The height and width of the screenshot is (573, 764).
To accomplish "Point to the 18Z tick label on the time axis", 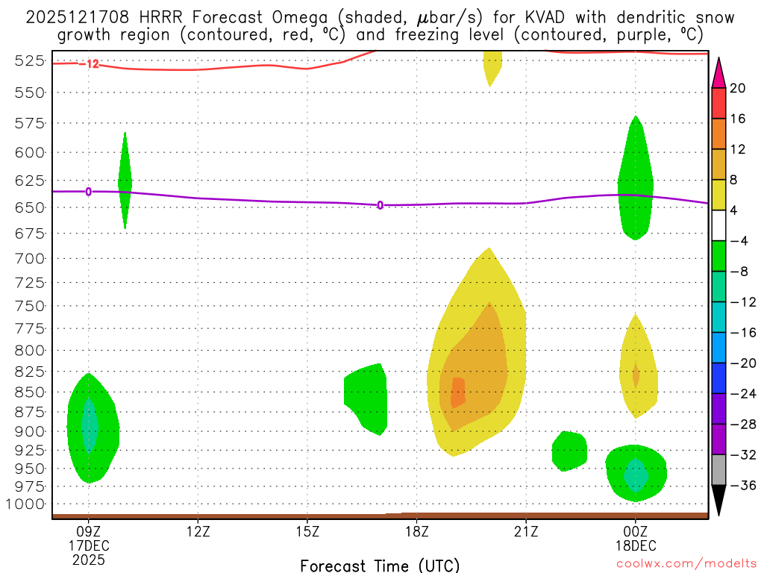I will (416, 532).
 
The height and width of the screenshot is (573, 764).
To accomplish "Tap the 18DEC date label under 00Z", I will (636, 545).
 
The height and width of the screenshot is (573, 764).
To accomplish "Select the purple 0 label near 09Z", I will (89, 192).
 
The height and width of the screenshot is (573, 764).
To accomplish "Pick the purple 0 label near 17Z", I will (380, 205).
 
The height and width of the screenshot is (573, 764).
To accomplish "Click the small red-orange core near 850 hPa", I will (457, 392).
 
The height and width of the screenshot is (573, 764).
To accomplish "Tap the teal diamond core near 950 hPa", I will (636, 475).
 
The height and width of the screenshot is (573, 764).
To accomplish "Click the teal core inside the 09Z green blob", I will (90, 425).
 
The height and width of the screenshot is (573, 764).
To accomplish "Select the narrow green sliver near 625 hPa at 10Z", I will (125, 181).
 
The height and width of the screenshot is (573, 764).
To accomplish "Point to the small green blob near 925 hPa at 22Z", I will (569, 451).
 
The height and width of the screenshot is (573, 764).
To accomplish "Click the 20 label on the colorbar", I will (738, 88).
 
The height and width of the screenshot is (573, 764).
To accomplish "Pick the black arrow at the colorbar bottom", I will (718, 501).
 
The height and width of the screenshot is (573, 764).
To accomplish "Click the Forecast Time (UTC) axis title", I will (380, 565).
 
